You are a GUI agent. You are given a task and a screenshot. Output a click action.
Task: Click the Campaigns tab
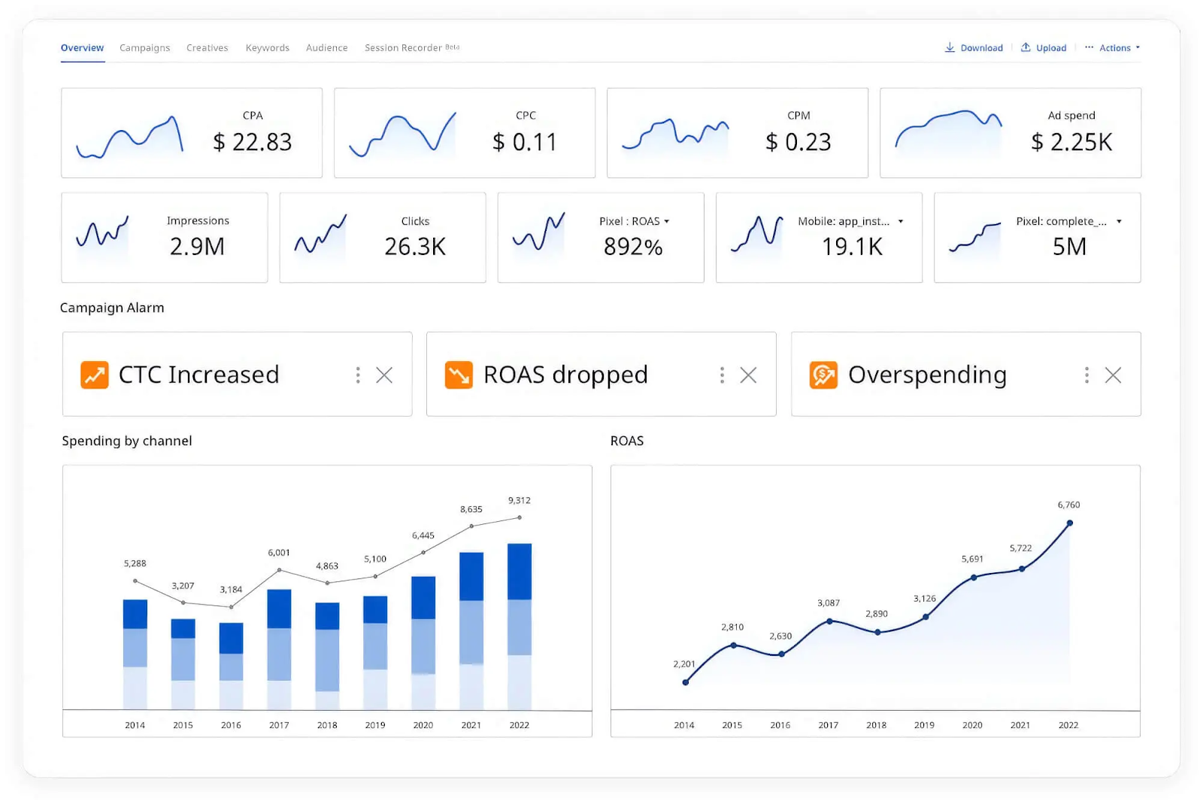[x=144, y=48]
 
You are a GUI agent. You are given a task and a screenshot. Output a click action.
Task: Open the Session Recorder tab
[x=404, y=48]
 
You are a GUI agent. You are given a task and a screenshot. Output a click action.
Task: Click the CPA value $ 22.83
[x=252, y=141]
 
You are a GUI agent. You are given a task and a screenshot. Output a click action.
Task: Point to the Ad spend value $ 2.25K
[x=1071, y=141]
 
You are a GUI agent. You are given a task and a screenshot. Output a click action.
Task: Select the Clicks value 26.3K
[x=415, y=246]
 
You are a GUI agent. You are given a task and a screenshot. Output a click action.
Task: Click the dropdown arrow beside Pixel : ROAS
[x=667, y=222]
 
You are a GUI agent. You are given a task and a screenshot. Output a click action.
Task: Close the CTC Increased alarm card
[x=384, y=375]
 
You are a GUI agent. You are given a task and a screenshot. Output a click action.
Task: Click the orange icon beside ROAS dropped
[x=459, y=375]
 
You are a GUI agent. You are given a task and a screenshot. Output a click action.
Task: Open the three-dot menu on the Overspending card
[x=1086, y=375]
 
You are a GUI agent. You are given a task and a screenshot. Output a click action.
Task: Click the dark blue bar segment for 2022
[x=520, y=571]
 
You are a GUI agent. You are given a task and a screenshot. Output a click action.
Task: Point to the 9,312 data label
[x=520, y=500]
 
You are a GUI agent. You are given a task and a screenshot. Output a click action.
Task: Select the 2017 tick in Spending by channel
[x=279, y=725]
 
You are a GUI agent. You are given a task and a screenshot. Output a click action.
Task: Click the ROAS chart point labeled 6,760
[x=1069, y=523]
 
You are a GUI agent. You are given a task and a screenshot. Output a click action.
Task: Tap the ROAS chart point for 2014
[x=685, y=682]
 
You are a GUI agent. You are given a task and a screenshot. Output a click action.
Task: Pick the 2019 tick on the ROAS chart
[x=924, y=725]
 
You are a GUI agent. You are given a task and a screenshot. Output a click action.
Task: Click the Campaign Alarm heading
[x=112, y=308]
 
